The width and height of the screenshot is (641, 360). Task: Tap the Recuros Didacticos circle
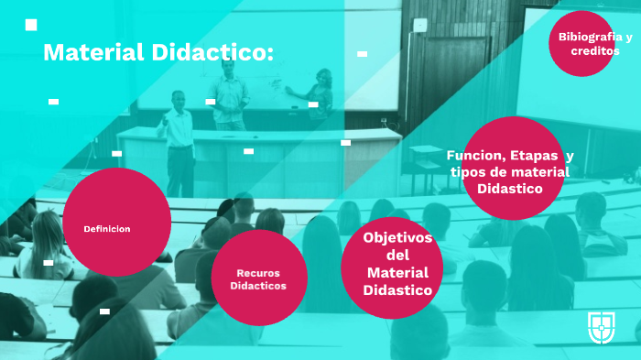tap(257, 278)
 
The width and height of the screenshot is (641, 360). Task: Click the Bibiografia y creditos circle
tap(582, 44)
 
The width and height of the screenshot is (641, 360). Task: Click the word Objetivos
tap(397, 237)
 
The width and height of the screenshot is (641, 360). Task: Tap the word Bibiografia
tap(583, 38)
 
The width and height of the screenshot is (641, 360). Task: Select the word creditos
tap(594, 51)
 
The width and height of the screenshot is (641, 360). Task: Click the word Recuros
tap(257, 273)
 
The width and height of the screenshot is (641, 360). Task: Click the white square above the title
tap(31, 25)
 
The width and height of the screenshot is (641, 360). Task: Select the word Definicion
tap(107, 228)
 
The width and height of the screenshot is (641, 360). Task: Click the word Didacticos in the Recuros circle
tap(257, 286)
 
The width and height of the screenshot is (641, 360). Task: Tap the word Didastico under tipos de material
tap(509, 189)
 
